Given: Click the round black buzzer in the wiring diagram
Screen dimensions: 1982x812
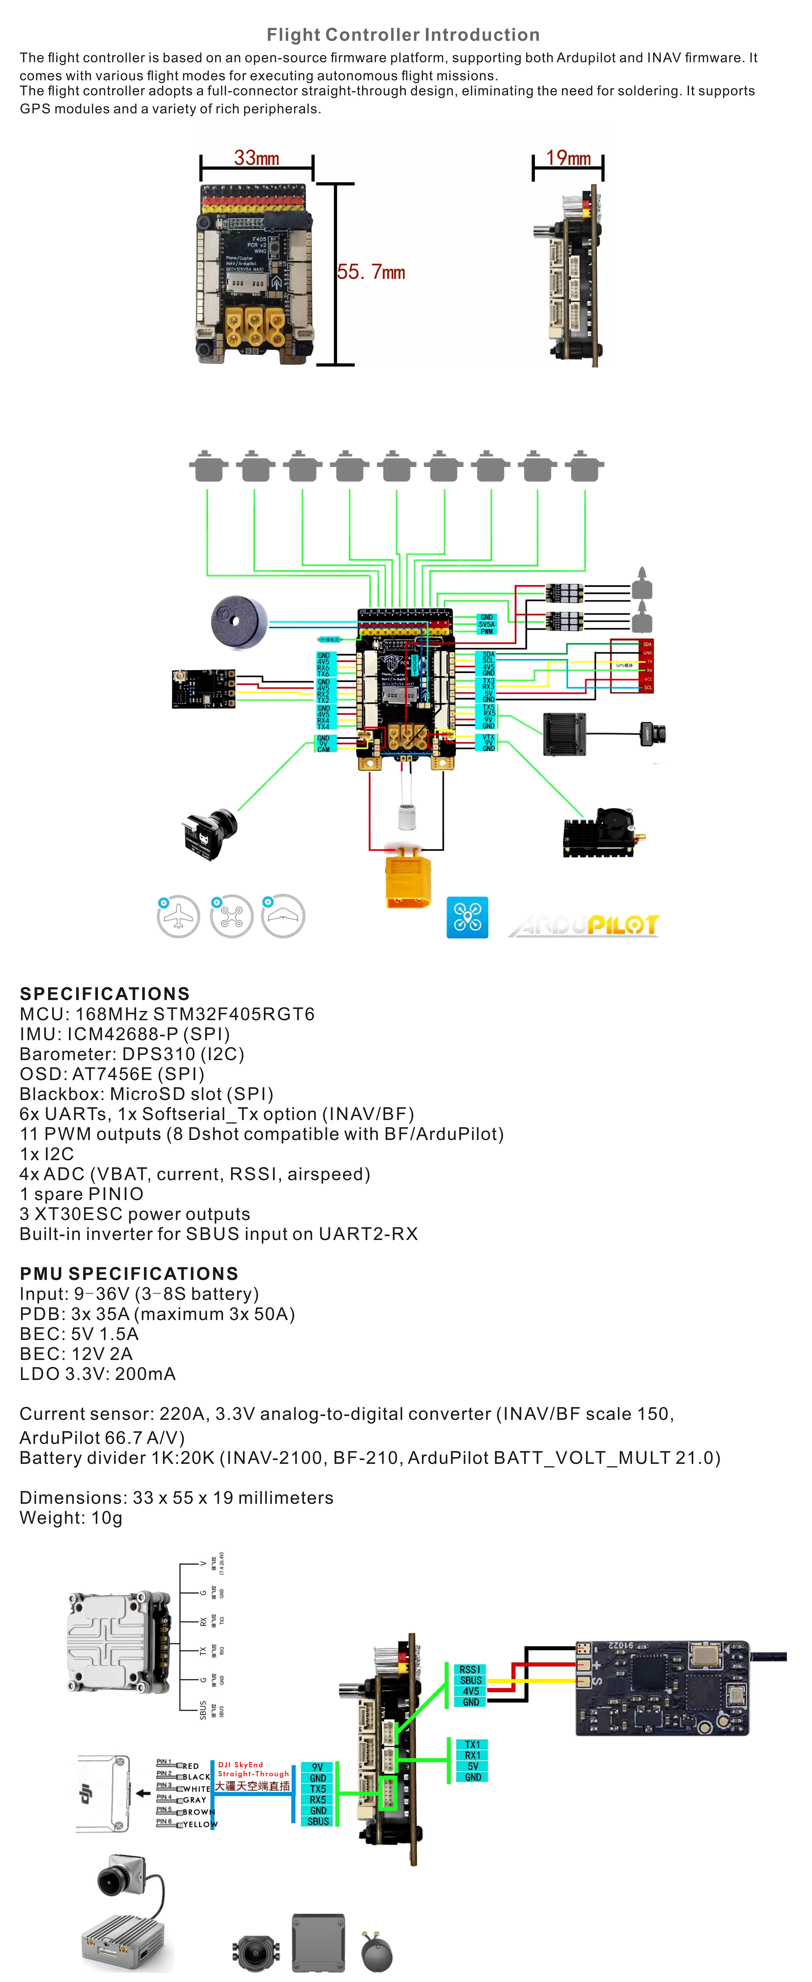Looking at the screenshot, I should pyautogui.click(x=239, y=622).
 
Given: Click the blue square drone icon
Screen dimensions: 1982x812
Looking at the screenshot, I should pyautogui.click(x=467, y=917).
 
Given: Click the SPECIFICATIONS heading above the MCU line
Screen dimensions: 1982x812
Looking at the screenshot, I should pyautogui.click(x=105, y=993).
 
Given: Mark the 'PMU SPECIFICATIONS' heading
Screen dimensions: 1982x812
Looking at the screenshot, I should pyautogui.click(x=129, y=1273).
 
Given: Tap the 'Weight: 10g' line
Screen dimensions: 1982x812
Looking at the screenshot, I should pyautogui.click(x=71, y=1518).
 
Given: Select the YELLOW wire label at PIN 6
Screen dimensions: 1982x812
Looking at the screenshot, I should pyautogui.click(x=200, y=1824).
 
